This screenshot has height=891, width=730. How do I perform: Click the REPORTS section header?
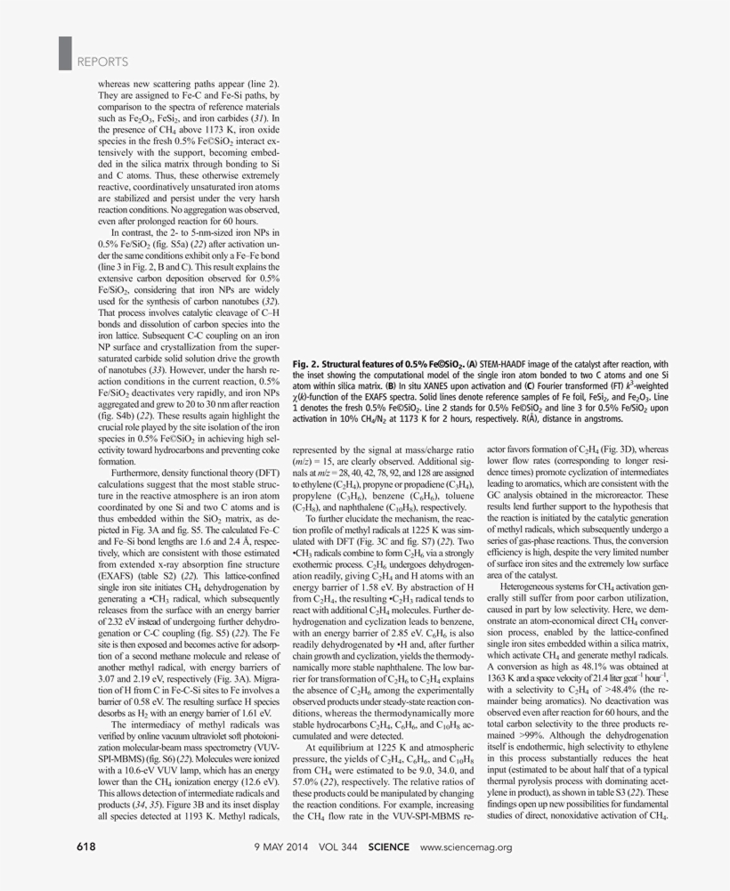click(102, 61)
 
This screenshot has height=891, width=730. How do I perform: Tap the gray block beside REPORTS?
click(64, 54)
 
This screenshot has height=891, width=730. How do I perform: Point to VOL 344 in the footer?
click(342, 846)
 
